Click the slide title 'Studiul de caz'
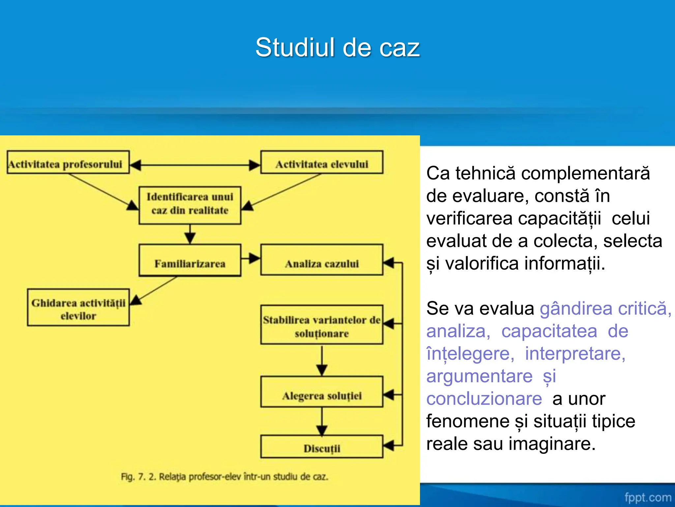(x=337, y=47)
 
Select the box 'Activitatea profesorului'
(x=68, y=162)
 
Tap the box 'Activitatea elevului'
(x=322, y=162)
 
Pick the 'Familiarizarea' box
(x=190, y=260)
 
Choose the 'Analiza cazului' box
(x=322, y=260)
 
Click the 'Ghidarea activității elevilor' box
(x=78, y=308)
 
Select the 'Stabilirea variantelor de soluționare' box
(x=322, y=325)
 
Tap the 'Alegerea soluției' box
(x=322, y=392)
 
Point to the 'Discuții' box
(x=322, y=447)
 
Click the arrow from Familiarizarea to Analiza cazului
(x=250, y=258)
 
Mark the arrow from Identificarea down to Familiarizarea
(x=190, y=234)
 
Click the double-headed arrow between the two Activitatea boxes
(x=195, y=165)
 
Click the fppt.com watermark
(x=647, y=497)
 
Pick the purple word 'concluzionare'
(x=484, y=399)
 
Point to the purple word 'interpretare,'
(x=575, y=354)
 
